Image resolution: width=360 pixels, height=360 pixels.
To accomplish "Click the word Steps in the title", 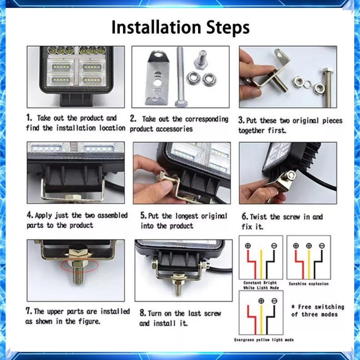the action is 228,28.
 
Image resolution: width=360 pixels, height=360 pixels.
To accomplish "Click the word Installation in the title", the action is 156,27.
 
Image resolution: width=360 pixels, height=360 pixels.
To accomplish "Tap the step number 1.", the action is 29,118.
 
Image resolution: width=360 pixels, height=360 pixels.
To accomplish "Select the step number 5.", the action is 143,215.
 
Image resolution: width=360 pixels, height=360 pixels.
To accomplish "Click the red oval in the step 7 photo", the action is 80,267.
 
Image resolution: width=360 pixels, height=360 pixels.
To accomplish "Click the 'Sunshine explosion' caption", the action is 309,284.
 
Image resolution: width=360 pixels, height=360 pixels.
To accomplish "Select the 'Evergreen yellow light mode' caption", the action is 264,340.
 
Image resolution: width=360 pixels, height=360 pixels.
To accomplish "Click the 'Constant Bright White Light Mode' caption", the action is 261,285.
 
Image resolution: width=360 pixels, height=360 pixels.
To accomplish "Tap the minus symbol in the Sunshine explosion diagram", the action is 322,246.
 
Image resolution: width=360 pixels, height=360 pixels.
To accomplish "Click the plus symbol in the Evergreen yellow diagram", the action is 261,301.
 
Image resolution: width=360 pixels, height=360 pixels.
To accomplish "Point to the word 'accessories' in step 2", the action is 174,129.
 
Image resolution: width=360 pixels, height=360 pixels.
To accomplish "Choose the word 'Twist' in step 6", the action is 258,217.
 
